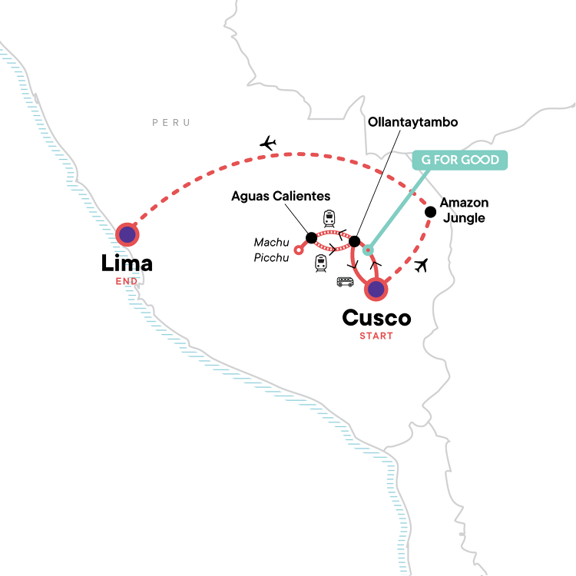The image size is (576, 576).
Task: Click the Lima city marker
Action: click(x=127, y=236)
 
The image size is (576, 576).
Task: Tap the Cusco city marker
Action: click(x=376, y=290)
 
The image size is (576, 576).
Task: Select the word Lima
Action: click(x=127, y=264)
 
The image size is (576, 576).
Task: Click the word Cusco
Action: click(x=376, y=318)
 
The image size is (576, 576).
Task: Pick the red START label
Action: click(x=376, y=336)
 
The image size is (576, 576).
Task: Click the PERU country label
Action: click(x=170, y=123)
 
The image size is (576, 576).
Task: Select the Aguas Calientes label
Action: click(x=281, y=197)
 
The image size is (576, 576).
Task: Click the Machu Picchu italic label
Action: click(x=272, y=250)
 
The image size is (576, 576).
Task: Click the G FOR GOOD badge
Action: click(x=460, y=161)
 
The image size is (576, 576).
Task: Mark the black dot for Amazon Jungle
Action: click(x=429, y=210)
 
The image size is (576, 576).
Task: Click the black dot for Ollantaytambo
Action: click(x=354, y=242)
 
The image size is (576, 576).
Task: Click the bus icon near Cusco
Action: click(x=345, y=282)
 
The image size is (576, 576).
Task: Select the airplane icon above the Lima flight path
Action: click(x=268, y=143)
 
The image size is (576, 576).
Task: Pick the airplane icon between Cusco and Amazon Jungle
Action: click(x=419, y=266)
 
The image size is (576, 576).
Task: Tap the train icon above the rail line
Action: click(x=329, y=217)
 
